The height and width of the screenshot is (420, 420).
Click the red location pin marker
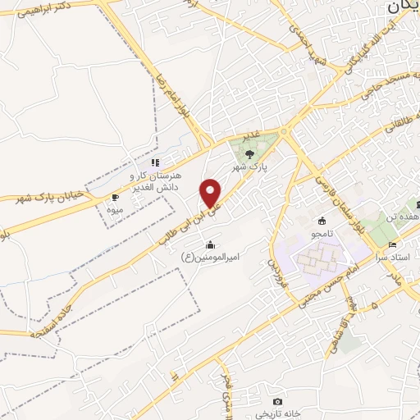click(212, 193)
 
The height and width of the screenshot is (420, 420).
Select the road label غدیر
click(249, 134)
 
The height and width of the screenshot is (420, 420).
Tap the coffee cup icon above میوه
click(115, 198)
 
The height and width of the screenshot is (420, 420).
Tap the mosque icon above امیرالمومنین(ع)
click(211, 244)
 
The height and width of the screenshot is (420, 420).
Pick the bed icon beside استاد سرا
click(392, 244)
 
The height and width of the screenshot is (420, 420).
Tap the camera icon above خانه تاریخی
click(278, 401)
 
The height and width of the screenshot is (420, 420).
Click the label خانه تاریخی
click(277, 413)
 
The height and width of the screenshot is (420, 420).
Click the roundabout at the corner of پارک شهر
click(284, 131)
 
